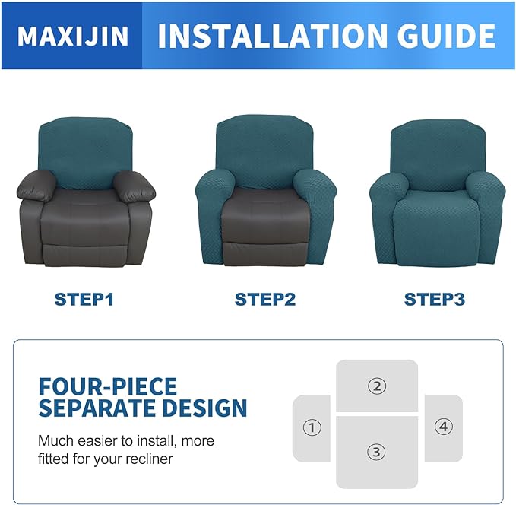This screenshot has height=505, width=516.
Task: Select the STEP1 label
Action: tap(84, 300)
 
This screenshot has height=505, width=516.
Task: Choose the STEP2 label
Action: tap(264, 300)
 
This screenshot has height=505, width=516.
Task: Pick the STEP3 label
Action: tap(434, 300)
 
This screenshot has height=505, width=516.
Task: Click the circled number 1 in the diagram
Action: tap(312, 427)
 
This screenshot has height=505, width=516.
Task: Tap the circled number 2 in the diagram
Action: tap(376, 386)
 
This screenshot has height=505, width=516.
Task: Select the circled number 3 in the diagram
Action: tap(376, 452)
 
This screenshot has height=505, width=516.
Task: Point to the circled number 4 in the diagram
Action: tap(444, 427)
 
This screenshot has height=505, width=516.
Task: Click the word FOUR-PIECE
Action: tap(107, 386)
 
